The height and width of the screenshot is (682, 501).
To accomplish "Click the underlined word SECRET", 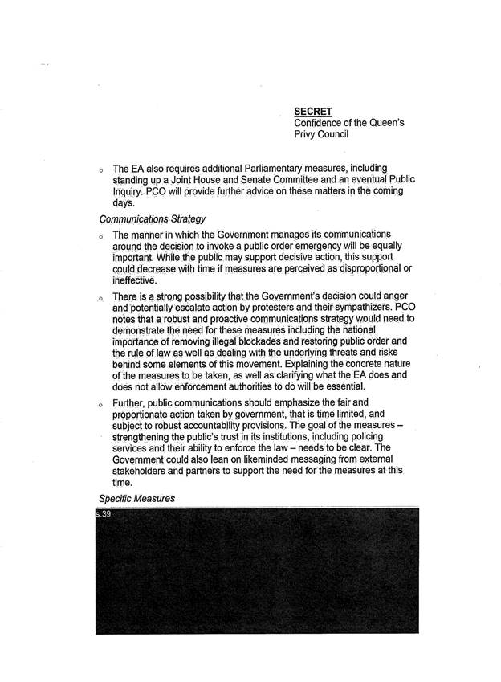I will tap(313, 111).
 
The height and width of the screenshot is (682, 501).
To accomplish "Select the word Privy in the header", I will tap(308, 135).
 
